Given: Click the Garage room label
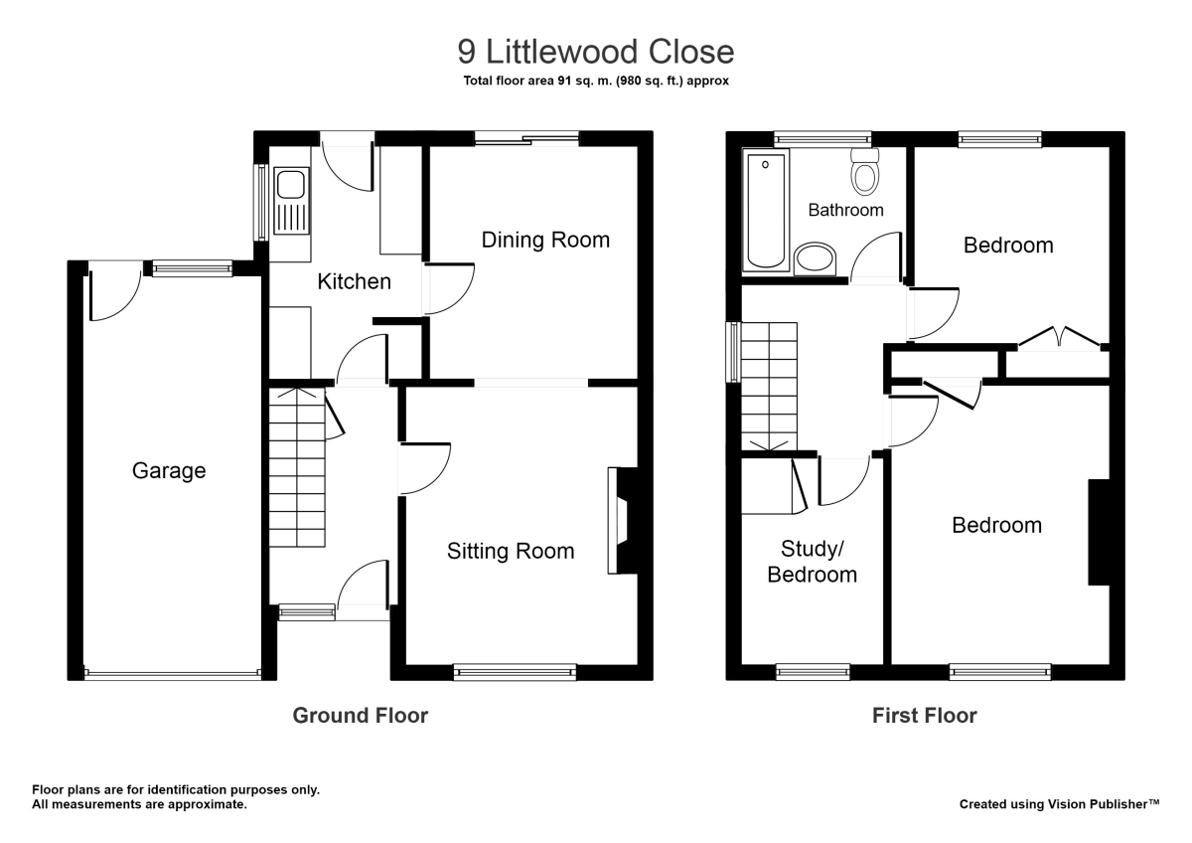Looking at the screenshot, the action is tap(169, 471).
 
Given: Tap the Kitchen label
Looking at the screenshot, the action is tap(354, 282).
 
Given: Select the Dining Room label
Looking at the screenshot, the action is tap(545, 240).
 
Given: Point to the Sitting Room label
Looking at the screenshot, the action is tap(511, 551).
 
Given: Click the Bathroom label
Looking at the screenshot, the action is tap(845, 211).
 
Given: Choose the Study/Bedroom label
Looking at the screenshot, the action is tap(813, 562).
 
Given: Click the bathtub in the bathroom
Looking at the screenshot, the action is tap(766, 211).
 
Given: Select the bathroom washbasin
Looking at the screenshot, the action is tap(816, 259).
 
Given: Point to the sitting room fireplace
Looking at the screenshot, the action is tap(624, 521).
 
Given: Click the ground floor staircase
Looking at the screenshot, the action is tap(298, 467).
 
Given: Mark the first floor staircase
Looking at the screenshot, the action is tap(770, 388).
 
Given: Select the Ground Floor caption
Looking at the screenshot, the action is tap(360, 716).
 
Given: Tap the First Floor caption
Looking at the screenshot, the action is tap(924, 716).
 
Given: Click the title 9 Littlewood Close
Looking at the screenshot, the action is tap(596, 52).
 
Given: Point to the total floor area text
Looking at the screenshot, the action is tap(596, 82).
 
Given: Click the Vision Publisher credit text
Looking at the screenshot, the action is tap(1059, 803).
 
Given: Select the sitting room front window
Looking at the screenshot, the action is tap(515, 672).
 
